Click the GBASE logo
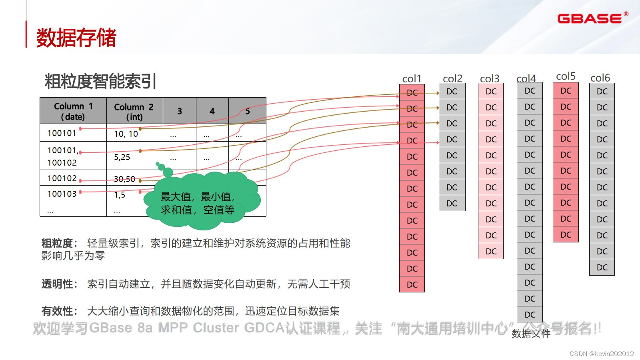coord(590,18)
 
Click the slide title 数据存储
coord(76,38)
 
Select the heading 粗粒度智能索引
coord(100,81)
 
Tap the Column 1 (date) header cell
coord(73,111)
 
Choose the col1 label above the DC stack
coord(412,79)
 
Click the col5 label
coord(566,76)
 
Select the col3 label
coord(490,78)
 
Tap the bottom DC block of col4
coord(530,314)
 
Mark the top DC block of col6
coord(602,92)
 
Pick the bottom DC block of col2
coord(452,203)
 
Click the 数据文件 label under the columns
coord(531,334)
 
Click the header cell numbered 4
coord(212,111)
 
